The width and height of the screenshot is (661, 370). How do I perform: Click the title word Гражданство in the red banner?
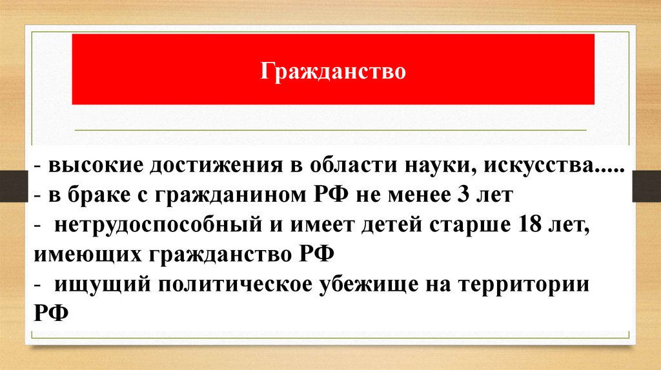pos(333,69)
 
